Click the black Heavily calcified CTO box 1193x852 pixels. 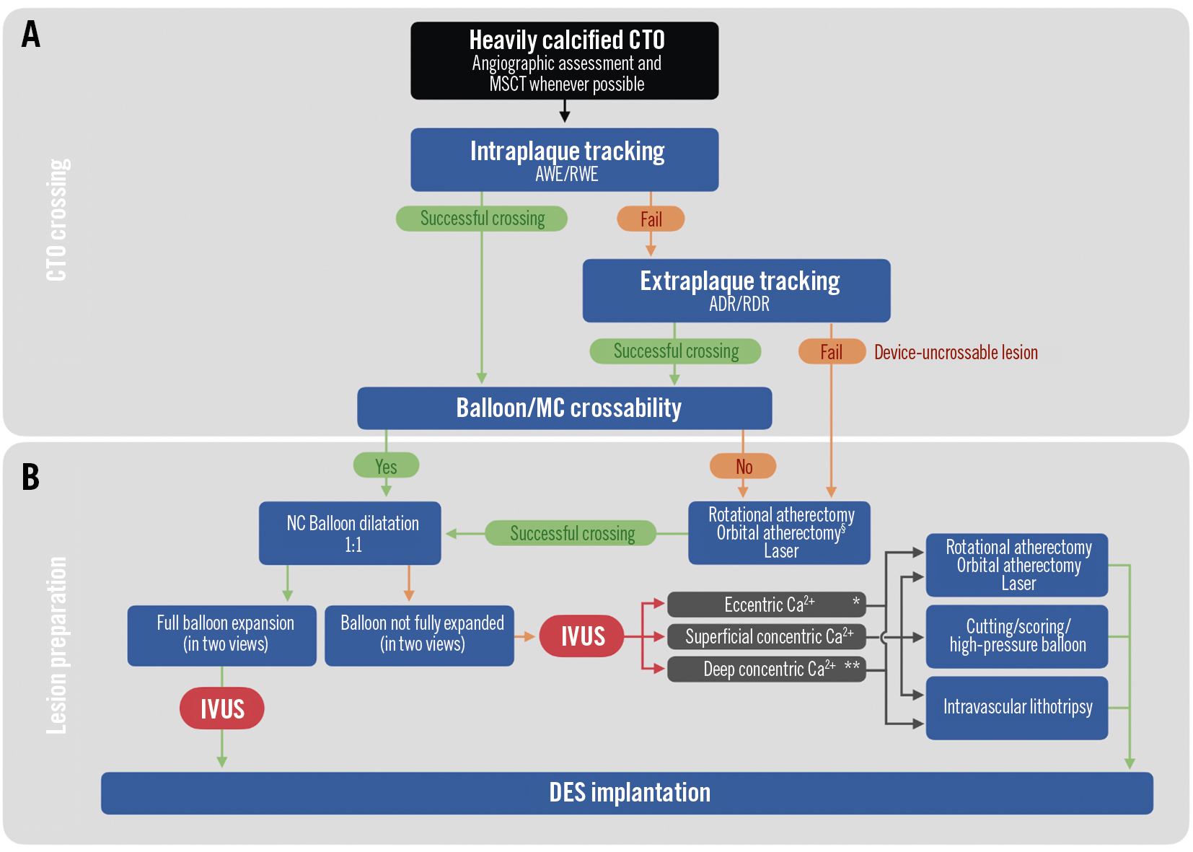tap(564, 61)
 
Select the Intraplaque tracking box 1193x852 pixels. tap(564, 159)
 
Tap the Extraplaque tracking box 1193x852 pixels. tap(736, 290)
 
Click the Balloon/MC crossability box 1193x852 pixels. tap(564, 408)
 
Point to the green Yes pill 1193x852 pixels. tap(386, 466)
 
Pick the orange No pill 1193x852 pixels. tap(743, 466)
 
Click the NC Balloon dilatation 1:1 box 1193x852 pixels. tap(350, 533)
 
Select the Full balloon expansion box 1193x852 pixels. tap(222, 635)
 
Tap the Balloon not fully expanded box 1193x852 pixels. tap(419, 635)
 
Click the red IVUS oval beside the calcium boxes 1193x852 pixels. tap(581, 636)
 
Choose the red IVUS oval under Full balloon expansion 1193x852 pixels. tap(221, 708)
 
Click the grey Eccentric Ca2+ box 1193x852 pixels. tap(766, 605)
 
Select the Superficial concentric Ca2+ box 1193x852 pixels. tap(766, 636)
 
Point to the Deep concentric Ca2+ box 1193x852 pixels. tap(766, 669)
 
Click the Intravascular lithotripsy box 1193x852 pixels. tap(1016, 707)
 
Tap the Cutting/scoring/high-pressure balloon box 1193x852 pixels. tap(1016, 636)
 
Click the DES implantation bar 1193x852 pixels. tap(627, 793)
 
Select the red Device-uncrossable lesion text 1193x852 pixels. tap(955, 353)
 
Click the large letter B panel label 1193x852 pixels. tap(30, 477)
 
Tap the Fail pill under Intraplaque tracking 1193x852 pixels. tap(651, 219)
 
